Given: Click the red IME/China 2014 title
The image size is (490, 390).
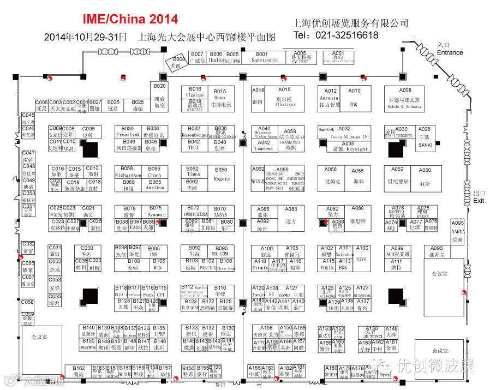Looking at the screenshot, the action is click(130, 19).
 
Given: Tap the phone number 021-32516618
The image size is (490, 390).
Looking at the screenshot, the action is click(336, 35).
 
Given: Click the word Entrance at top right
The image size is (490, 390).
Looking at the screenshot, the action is click(450, 53).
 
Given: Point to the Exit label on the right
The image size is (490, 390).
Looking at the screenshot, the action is click(479, 201).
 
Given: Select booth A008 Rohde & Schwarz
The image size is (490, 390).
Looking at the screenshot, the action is click(404, 99).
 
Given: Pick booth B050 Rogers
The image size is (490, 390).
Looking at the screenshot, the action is click(221, 175).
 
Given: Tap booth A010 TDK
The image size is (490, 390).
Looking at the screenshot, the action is click(354, 98).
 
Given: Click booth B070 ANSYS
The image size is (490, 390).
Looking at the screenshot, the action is click(220, 212).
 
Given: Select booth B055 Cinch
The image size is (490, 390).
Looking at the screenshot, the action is click(154, 172).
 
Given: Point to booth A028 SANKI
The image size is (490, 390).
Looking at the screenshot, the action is click(425, 137).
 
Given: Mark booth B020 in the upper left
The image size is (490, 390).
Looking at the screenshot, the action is click(159, 95).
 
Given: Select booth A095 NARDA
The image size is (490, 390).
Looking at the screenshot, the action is click(457, 231).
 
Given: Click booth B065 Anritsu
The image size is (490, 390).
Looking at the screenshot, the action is click(155, 185).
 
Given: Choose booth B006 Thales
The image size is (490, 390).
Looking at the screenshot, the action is click(216, 57).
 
